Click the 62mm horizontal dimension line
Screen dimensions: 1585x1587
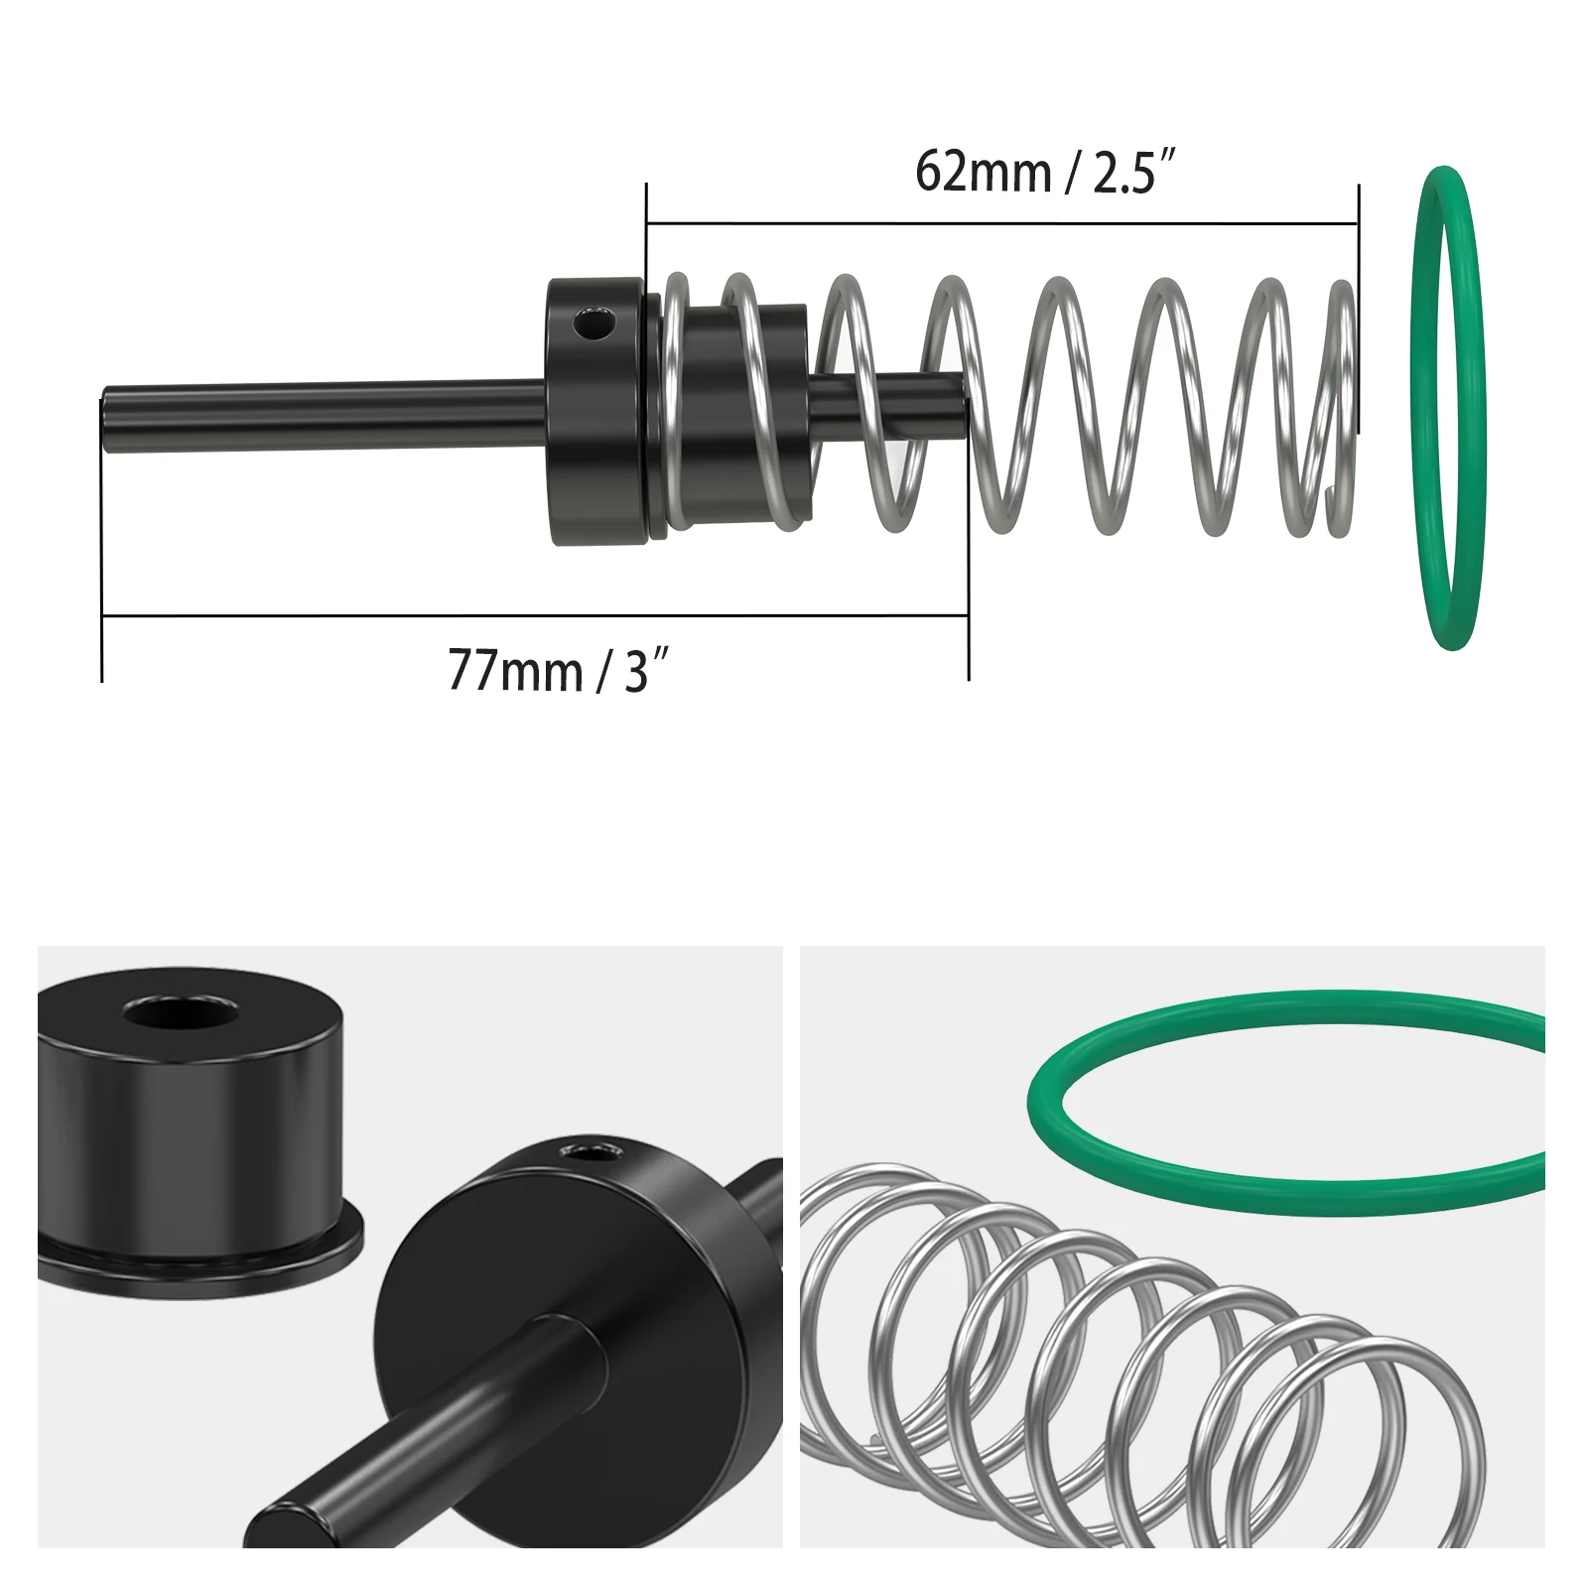(1002, 223)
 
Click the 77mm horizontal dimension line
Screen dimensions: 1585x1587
(535, 616)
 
